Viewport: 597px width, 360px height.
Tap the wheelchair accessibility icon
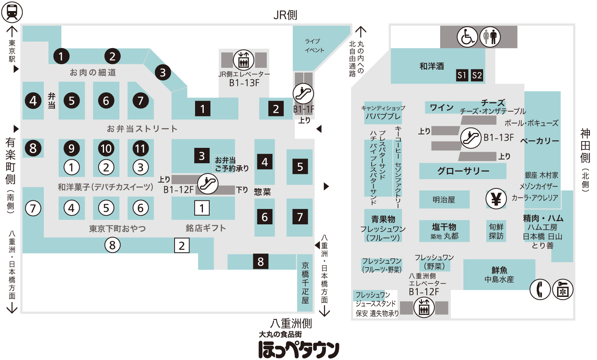coord(467,37)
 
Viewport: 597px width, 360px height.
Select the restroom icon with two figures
coord(490,37)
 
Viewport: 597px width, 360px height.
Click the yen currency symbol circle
coord(496,198)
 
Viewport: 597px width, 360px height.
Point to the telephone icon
coord(540,289)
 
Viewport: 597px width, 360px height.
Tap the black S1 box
coord(462,75)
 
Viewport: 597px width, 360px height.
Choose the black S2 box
coord(477,75)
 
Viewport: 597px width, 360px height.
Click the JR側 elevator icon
coord(244,60)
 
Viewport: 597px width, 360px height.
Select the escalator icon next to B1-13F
coord(471,138)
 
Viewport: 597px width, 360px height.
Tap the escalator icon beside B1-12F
coord(207,184)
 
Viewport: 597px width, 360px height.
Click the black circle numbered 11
coord(140,148)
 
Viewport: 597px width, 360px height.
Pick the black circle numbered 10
coord(106,148)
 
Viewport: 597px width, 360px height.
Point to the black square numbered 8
coord(260,261)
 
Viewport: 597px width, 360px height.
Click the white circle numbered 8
coord(112,245)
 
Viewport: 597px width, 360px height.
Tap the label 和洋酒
coord(431,66)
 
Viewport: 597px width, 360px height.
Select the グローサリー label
coord(463,171)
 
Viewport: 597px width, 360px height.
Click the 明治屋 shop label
coord(444,200)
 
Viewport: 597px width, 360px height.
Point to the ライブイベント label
coord(314,46)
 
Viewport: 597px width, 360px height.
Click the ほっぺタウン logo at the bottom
coord(299,349)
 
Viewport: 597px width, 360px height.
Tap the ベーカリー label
coord(539,141)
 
